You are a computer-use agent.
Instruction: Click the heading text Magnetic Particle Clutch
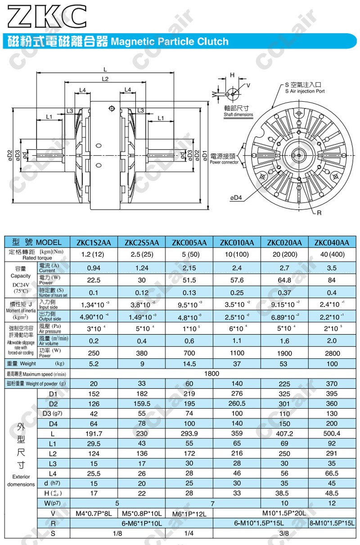click(x=170, y=42)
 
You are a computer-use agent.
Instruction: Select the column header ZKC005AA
click(x=189, y=243)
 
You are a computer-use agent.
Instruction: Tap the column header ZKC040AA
click(x=332, y=243)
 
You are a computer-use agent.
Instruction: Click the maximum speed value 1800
click(x=211, y=374)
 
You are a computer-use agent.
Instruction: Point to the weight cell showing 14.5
click(x=189, y=364)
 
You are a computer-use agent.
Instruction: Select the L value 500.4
click(x=332, y=434)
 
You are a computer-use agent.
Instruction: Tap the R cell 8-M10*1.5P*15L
click(x=332, y=523)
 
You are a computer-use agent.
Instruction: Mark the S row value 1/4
click(x=189, y=533)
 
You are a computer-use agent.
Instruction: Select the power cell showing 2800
click(x=332, y=353)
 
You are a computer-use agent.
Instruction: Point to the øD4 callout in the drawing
click(x=237, y=198)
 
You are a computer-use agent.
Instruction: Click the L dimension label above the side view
click(x=105, y=69)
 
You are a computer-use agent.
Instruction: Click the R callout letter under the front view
click(x=319, y=212)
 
